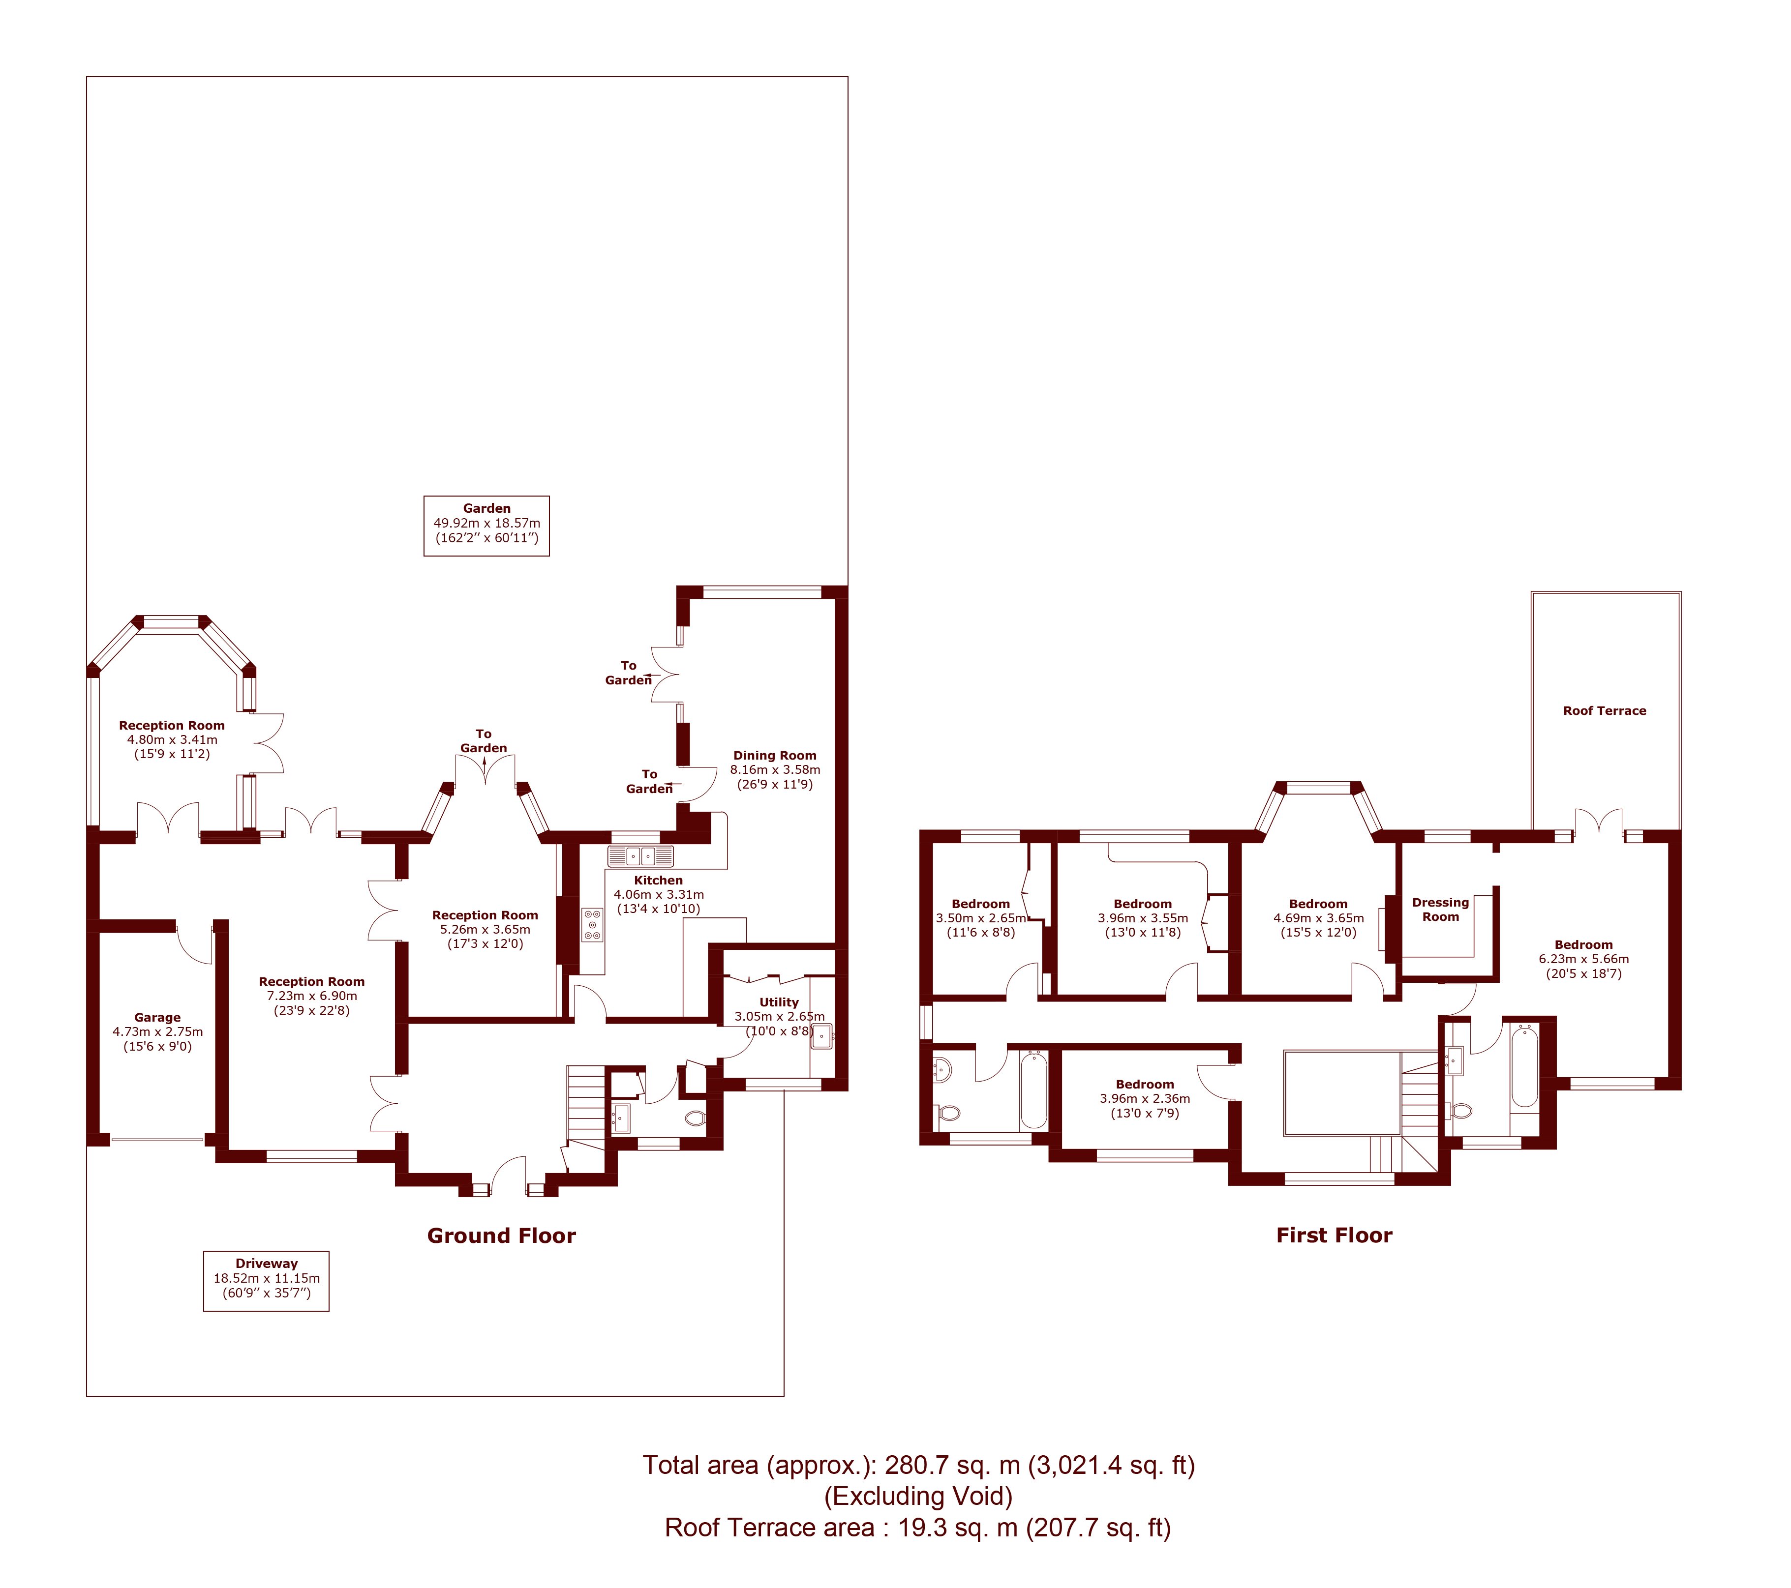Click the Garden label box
[x=486, y=526]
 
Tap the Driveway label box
[x=267, y=1281]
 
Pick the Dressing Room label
[x=1440, y=909]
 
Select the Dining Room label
[x=775, y=755]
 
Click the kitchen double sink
[x=640, y=856]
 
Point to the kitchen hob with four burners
[x=592, y=925]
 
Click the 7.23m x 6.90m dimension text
[x=312, y=996]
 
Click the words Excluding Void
[x=918, y=1496]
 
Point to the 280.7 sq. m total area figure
[x=952, y=1466]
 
